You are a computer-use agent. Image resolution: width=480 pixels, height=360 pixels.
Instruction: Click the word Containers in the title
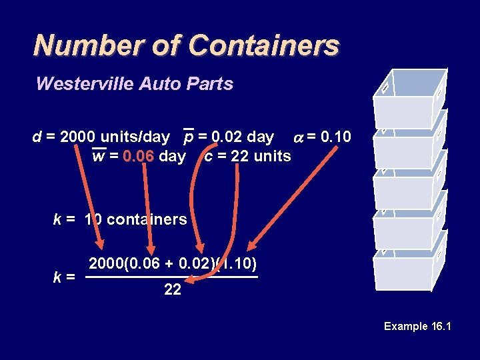[264, 45]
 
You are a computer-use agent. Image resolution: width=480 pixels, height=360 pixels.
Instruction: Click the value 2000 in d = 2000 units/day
[77, 137]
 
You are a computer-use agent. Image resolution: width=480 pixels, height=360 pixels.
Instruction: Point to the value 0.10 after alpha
[335, 137]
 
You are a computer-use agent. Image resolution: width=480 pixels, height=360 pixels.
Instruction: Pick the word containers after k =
[147, 219]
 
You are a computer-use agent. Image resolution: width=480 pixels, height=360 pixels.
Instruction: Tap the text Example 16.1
[418, 326]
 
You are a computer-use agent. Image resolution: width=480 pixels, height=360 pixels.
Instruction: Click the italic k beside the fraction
[58, 275]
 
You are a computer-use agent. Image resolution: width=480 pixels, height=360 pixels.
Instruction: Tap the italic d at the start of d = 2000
[37, 137]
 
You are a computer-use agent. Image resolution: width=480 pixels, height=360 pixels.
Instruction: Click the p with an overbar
[189, 138]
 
